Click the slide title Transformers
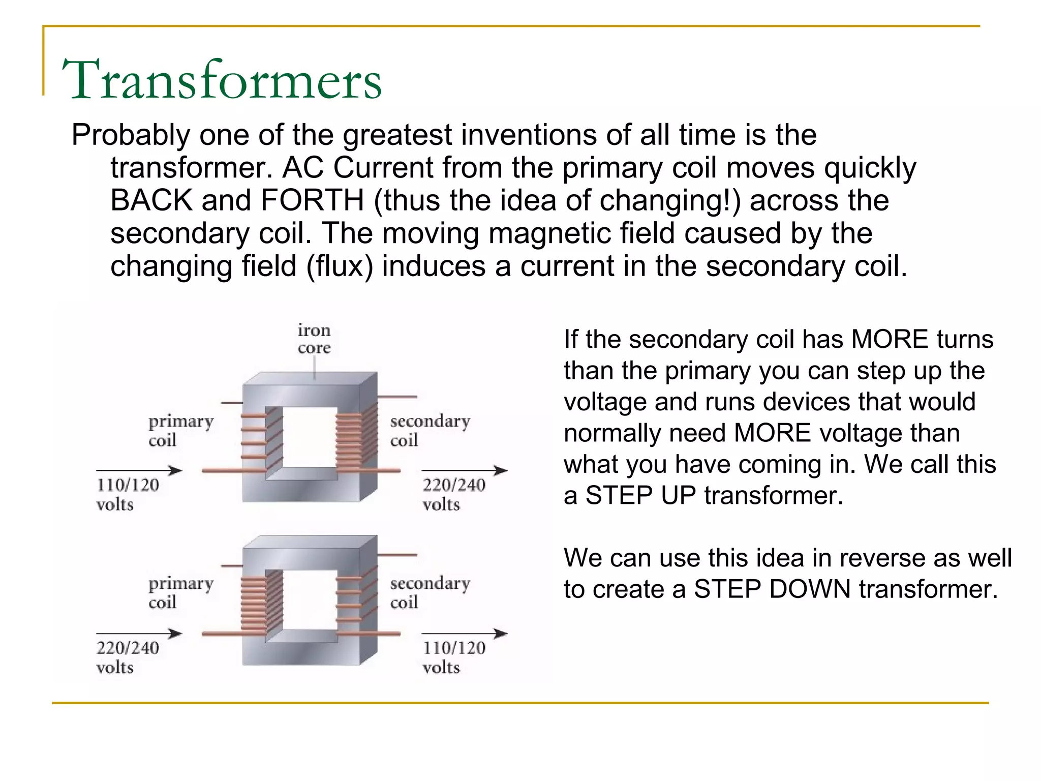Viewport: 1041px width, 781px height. point(222,80)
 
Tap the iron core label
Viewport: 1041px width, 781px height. point(314,339)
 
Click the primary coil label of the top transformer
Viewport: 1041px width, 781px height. point(180,430)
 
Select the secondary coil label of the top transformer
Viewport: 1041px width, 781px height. point(430,430)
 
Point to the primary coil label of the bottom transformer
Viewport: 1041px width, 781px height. point(180,592)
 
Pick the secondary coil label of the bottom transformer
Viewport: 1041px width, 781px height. point(430,592)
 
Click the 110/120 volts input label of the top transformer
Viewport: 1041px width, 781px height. point(127,494)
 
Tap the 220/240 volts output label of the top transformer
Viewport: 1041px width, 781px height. point(453,494)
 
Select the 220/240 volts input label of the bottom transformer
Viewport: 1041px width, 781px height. point(127,657)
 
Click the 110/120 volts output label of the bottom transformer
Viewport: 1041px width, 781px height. point(453,657)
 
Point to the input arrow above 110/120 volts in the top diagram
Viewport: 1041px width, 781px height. point(139,470)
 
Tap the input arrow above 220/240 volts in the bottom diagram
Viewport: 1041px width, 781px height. point(139,634)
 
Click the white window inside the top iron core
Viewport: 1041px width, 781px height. point(310,437)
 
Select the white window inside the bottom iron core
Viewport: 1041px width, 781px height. point(310,599)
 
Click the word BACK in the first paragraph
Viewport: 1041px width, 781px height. point(151,200)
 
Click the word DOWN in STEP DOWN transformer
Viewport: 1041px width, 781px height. point(808,589)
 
